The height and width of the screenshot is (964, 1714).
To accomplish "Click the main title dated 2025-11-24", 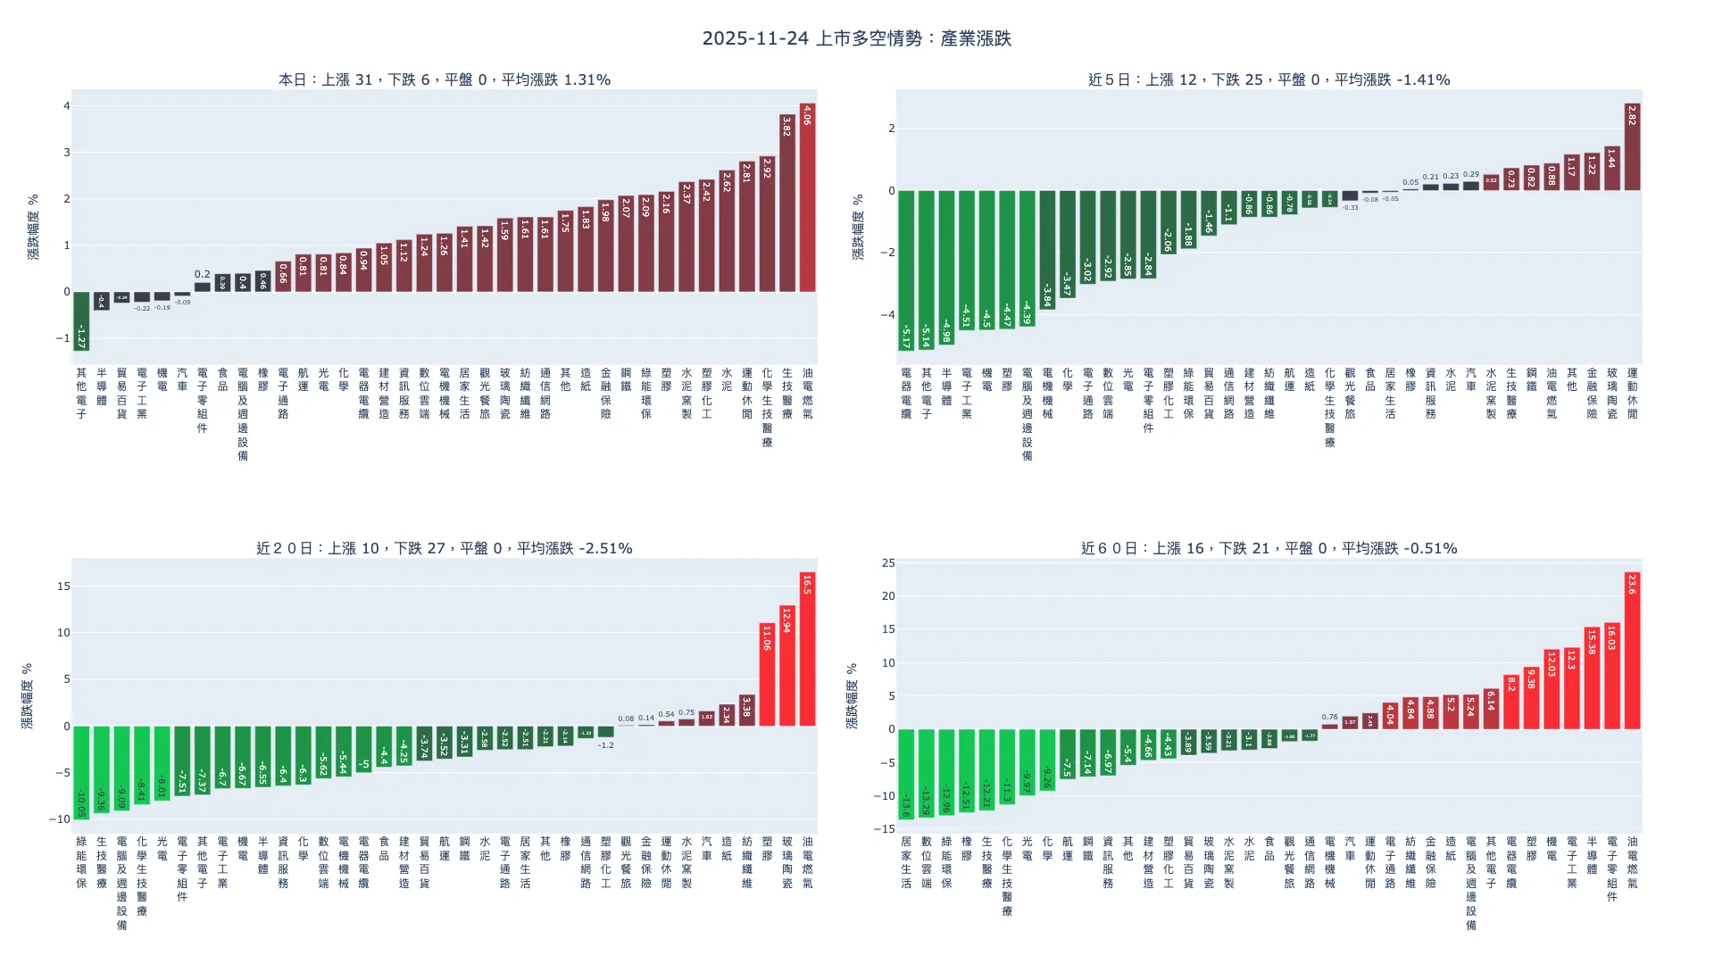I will [856, 38].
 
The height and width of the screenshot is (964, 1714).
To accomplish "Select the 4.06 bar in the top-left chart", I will [807, 197].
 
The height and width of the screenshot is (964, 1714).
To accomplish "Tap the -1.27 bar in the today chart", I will [81, 320].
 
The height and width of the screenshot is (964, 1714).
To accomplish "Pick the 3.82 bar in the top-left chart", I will [786, 204].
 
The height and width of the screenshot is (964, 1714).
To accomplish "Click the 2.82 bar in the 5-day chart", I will [1632, 147].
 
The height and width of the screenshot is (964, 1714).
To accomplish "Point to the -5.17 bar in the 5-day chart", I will [906, 270].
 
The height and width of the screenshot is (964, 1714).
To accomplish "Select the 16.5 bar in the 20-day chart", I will [807, 649].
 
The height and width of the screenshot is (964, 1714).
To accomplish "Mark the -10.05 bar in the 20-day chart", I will [81, 772].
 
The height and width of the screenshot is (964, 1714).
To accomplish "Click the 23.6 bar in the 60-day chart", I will [1632, 651].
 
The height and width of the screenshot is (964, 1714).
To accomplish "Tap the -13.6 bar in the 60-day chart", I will [906, 774].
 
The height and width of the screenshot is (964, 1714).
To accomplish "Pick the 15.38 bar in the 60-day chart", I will [1592, 677].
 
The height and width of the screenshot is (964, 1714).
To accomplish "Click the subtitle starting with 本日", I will [445, 79].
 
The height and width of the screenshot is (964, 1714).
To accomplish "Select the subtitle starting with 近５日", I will [1269, 79].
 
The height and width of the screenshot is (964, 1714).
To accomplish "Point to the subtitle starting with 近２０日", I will [445, 548].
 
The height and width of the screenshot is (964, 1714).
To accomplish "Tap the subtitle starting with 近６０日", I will [1269, 548].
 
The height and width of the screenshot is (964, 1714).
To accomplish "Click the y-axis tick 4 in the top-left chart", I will [66, 106].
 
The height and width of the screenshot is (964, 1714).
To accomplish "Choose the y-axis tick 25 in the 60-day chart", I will [887, 563].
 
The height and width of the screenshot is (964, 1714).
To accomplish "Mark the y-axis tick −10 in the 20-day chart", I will [61, 819].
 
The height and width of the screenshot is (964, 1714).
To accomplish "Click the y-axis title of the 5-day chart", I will [858, 227].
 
